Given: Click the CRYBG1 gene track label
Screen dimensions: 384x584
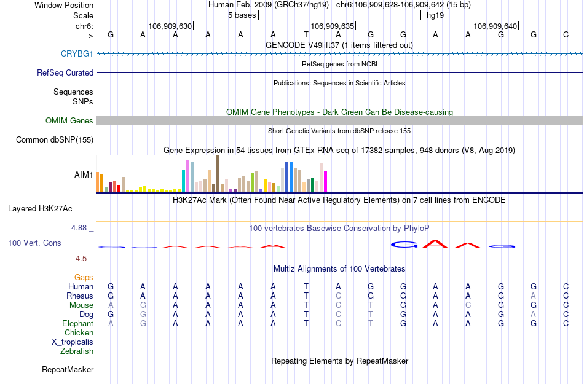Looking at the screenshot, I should pos(77,53).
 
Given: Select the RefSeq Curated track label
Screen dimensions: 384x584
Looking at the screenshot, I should pos(65,72).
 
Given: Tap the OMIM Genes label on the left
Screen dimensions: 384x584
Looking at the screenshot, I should pos(69,120).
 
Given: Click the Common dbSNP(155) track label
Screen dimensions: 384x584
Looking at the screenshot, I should pos(55,140).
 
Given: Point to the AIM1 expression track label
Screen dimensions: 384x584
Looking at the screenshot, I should pos(84,174).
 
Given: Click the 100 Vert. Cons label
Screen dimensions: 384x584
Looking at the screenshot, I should pos(34,243).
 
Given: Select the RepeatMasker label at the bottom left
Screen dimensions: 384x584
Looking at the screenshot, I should pos(68,370).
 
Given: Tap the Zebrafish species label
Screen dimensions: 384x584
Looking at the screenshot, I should pos(77,351).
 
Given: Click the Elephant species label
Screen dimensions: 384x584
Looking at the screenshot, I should pos(77,324).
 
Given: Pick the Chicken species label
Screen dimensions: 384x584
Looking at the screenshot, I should pos(79,333).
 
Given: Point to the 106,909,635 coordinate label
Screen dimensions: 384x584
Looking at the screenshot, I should pos(333,26).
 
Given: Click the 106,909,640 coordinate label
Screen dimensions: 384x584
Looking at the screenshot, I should pos(495,26).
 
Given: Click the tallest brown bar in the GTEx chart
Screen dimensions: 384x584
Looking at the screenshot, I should pos(218,173).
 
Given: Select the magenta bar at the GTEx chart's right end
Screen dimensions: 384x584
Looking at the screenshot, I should pos(326,181).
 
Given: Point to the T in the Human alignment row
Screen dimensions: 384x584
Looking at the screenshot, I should pos(306,286).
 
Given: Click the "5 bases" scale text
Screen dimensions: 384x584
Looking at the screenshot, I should pos(240,15).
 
